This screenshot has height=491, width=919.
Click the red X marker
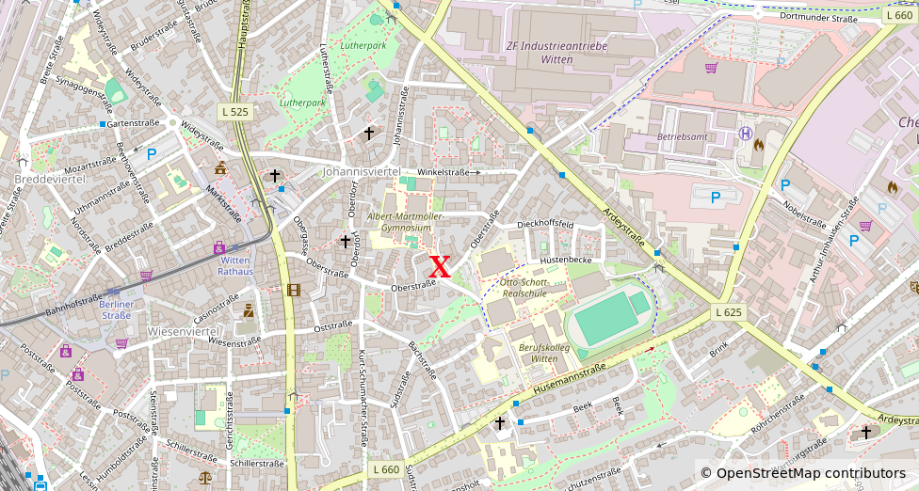(x=440, y=266)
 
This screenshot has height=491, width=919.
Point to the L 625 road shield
(x=728, y=312)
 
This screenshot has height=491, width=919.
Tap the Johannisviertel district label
(x=362, y=172)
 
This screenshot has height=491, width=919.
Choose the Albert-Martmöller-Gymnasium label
(x=406, y=222)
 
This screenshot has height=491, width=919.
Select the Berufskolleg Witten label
(x=538, y=353)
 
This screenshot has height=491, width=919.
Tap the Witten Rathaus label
(x=235, y=265)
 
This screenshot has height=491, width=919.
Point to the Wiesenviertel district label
(x=183, y=331)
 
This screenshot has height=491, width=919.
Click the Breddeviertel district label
(x=50, y=179)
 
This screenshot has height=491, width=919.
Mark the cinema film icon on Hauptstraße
(x=294, y=290)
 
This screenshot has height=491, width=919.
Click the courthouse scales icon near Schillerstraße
(x=205, y=476)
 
